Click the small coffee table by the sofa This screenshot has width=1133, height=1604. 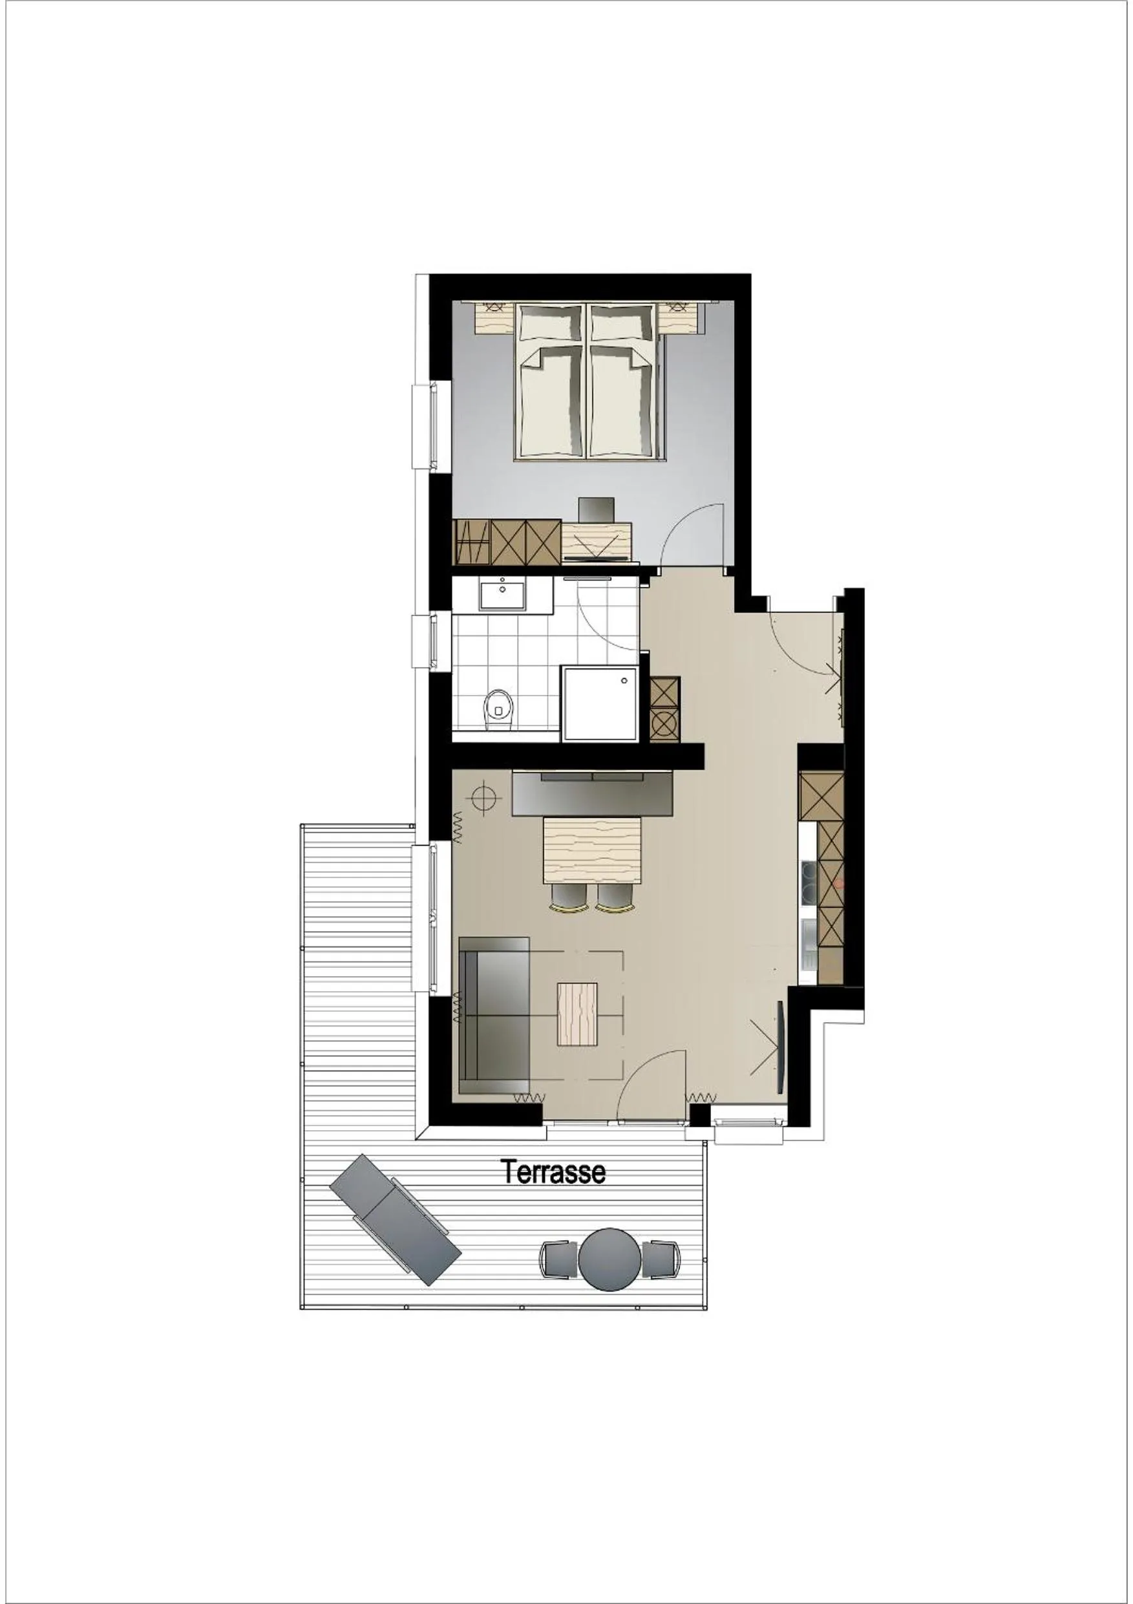click(578, 1014)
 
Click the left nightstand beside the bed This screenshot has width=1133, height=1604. click(494, 318)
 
